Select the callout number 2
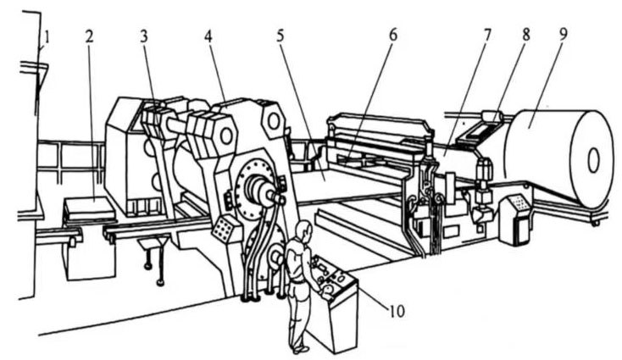[x=88, y=37]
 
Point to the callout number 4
[x=207, y=37]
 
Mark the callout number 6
[x=391, y=37]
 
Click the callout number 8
[x=525, y=37]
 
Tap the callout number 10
[x=396, y=311]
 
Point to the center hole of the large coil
[x=593, y=158]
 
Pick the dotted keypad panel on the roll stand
[x=225, y=227]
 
